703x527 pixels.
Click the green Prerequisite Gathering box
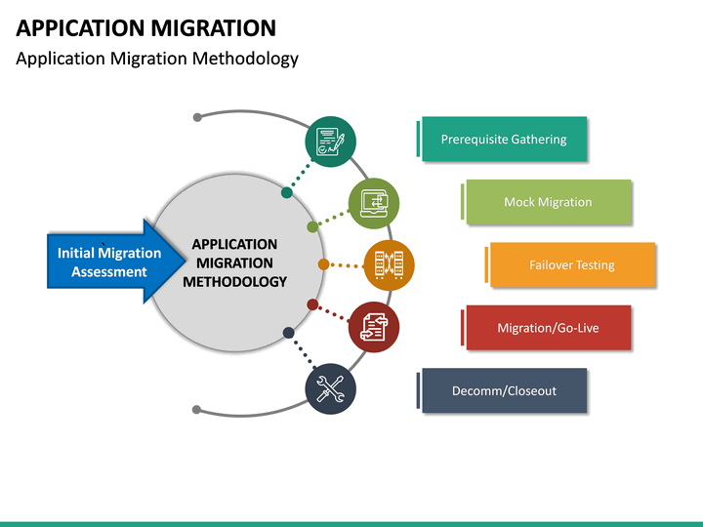504,140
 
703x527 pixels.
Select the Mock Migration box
548,202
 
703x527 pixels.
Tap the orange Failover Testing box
572,264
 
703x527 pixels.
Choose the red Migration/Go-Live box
548,328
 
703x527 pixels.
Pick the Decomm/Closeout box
504,390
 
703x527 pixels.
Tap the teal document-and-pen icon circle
330,142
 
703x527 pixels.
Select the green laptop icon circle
374,203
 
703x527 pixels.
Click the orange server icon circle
389,264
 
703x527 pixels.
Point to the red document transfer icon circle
373,326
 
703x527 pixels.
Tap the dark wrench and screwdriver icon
330,389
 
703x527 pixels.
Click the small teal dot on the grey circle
287,192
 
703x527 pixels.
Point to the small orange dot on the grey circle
323,264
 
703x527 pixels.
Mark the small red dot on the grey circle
312,304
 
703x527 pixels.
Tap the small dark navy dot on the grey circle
288,333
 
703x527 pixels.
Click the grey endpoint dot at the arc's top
197,117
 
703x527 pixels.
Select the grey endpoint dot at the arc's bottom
197,410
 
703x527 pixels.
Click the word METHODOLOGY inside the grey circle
234,282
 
